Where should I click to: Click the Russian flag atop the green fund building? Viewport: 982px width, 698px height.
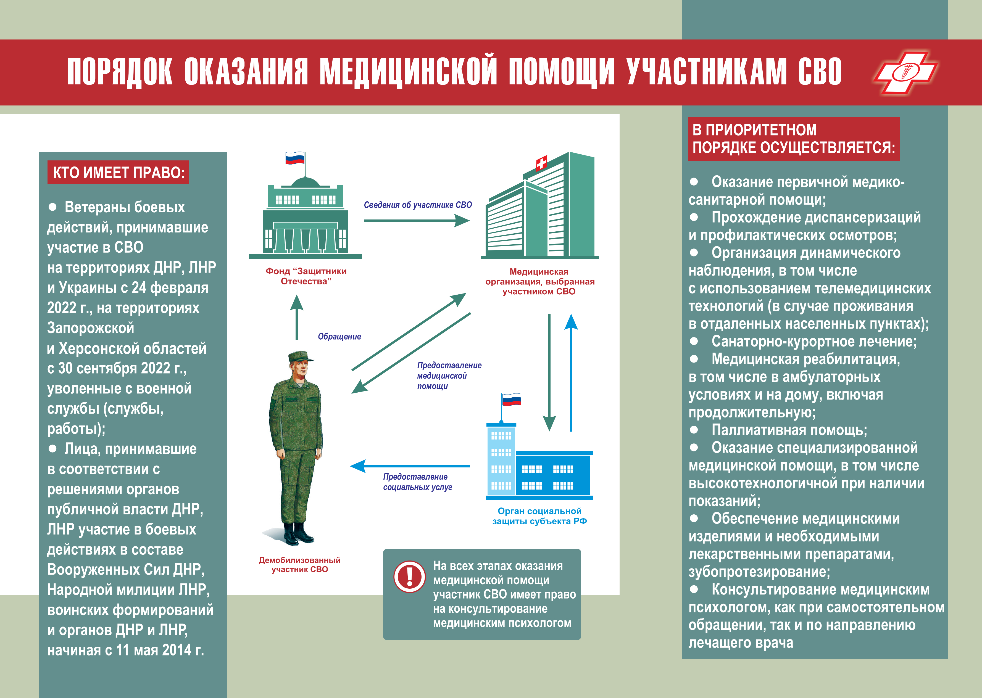(295, 158)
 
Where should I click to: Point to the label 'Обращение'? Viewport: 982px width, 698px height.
(339, 337)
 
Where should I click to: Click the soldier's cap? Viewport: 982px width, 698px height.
(300, 356)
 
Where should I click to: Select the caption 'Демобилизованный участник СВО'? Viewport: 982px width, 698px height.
(300, 565)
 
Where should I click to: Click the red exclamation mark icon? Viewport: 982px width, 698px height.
(409, 576)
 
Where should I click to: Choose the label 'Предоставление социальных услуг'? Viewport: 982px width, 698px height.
(417, 482)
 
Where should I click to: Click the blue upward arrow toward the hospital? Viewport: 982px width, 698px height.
(571, 372)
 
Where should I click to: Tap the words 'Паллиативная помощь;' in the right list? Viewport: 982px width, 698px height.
(789, 430)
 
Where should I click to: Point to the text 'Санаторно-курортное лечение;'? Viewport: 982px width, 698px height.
(814, 341)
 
